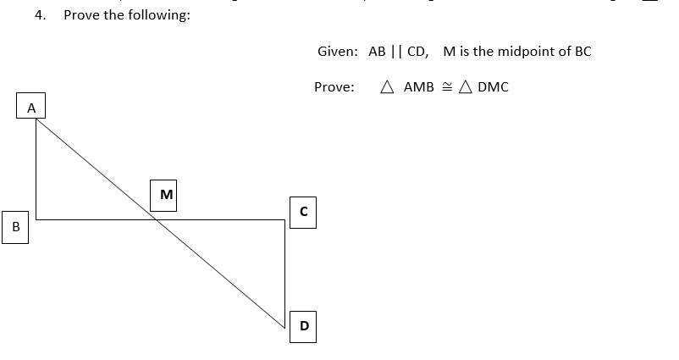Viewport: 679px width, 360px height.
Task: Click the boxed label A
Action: [x=31, y=108]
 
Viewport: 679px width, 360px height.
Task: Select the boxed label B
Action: [x=15, y=229]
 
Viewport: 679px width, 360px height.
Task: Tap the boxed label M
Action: [x=166, y=194]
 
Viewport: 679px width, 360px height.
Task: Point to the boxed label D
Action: [x=304, y=326]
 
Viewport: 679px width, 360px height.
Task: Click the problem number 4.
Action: [x=39, y=15]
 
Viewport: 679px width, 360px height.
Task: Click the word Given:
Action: [x=338, y=52]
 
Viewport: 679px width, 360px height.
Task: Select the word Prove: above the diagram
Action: [x=334, y=87]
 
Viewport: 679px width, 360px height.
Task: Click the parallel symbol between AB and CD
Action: [x=396, y=52]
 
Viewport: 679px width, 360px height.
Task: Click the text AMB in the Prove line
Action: [x=418, y=87]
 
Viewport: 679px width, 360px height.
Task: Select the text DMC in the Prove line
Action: [x=493, y=87]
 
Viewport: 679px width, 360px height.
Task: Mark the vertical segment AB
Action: [x=36, y=169]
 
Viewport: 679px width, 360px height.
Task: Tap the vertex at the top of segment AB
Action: [x=36, y=119]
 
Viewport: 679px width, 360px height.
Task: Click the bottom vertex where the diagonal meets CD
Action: [x=285, y=327]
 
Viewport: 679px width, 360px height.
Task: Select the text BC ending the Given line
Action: [x=582, y=51]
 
